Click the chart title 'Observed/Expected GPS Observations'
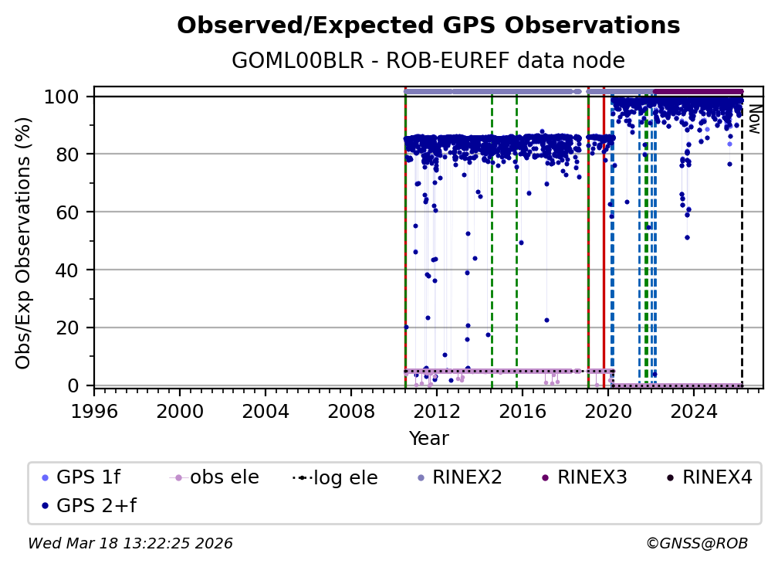click(x=428, y=26)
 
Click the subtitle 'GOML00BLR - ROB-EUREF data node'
click(x=428, y=61)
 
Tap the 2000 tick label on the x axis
click(x=180, y=412)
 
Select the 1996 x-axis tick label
click(x=94, y=412)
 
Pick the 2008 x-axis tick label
click(x=351, y=412)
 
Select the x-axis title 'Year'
click(x=428, y=439)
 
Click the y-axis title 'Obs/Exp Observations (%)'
click(x=24, y=243)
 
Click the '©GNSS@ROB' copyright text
click(x=696, y=544)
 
